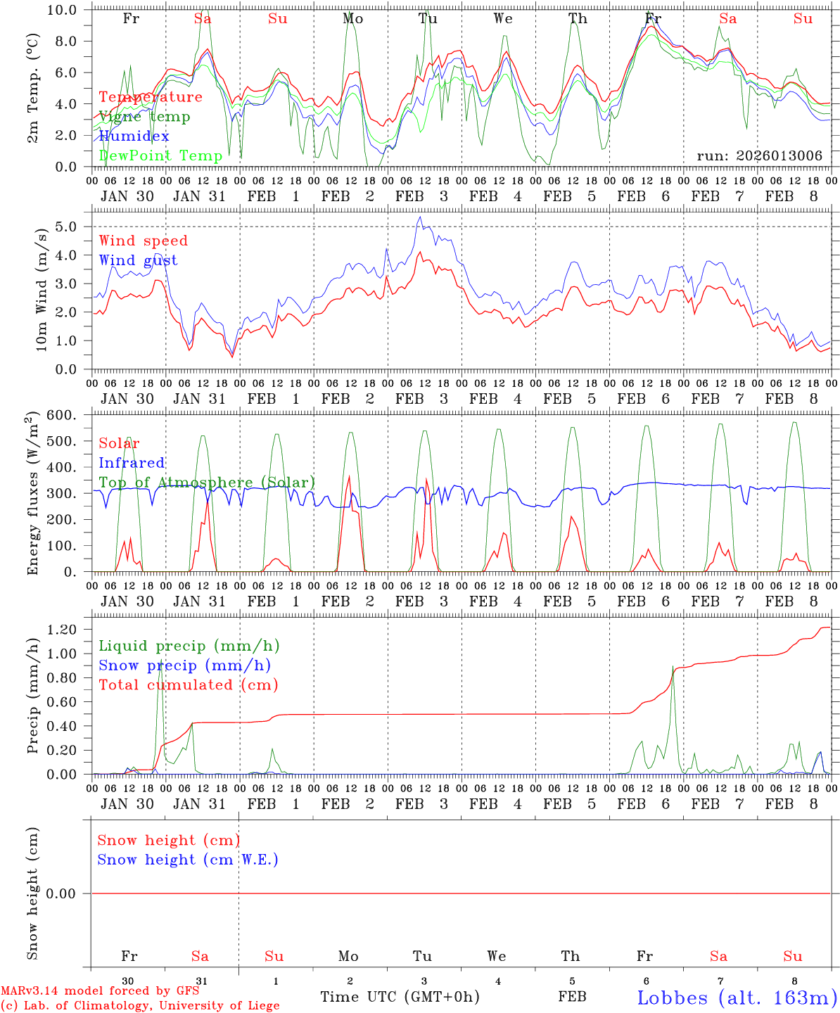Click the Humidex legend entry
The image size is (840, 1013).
point(134,136)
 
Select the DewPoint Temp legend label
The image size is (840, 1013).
point(160,155)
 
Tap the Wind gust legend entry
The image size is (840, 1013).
point(138,260)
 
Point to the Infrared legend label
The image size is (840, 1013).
point(132,463)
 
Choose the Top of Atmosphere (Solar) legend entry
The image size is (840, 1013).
point(207,483)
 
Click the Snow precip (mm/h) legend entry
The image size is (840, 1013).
point(184,665)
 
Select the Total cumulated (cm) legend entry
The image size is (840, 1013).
point(188,685)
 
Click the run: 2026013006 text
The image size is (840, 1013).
point(759,155)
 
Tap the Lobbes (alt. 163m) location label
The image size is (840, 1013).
point(737,998)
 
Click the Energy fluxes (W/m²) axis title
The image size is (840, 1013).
point(32,495)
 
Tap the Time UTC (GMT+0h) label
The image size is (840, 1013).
point(400,997)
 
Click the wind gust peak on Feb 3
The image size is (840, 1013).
point(420,217)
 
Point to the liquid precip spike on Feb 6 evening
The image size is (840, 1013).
point(673,667)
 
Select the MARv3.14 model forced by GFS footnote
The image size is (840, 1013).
point(99,991)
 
